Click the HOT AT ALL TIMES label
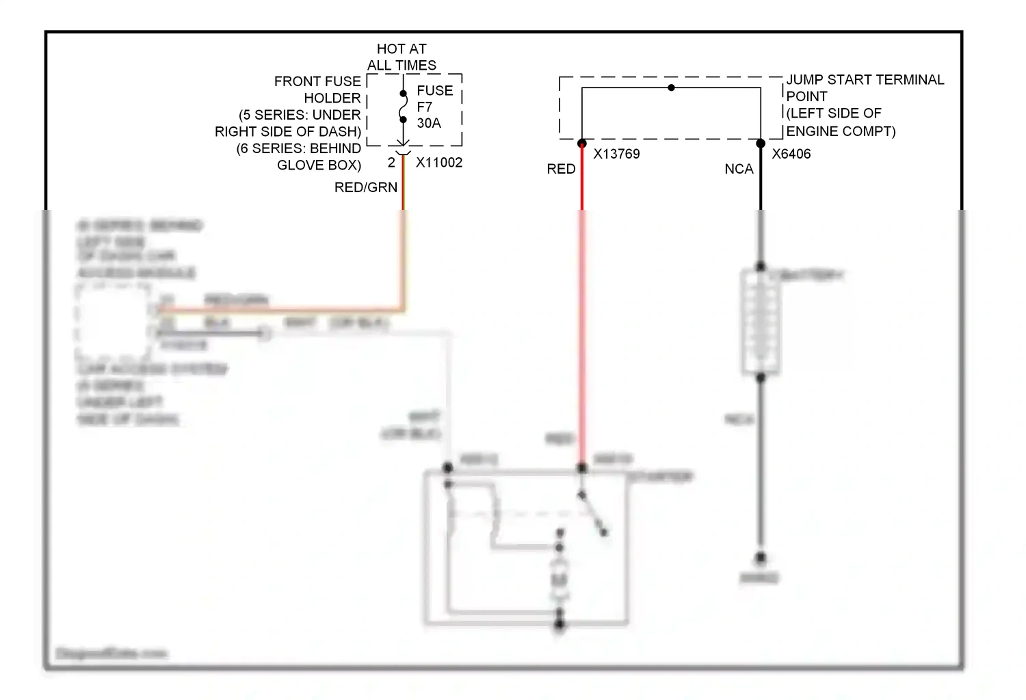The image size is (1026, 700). [x=402, y=57]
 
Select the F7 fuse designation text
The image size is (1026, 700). [x=424, y=107]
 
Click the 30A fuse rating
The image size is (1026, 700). [x=429, y=123]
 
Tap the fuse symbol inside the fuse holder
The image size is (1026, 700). [x=403, y=107]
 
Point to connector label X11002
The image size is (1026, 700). [x=439, y=163]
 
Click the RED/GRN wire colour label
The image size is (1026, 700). [x=365, y=187]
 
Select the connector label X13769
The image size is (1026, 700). [x=616, y=154]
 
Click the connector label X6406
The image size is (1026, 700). [x=791, y=154]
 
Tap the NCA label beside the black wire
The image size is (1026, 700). [x=739, y=169]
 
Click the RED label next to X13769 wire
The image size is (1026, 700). [x=561, y=169]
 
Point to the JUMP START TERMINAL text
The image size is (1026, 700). [x=865, y=80]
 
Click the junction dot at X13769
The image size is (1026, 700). [x=582, y=144]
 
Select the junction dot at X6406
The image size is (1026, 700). [x=761, y=144]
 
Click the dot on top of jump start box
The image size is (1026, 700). [x=671, y=87]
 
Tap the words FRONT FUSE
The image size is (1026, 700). [x=317, y=81]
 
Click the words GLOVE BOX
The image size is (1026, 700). [x=319, y=165]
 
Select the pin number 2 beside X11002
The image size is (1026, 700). [x=391, y=163]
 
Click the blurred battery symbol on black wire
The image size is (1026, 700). [x=761, y=321]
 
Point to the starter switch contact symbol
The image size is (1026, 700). [x=592, y=513]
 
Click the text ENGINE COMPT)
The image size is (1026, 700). [x=841, y=131]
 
